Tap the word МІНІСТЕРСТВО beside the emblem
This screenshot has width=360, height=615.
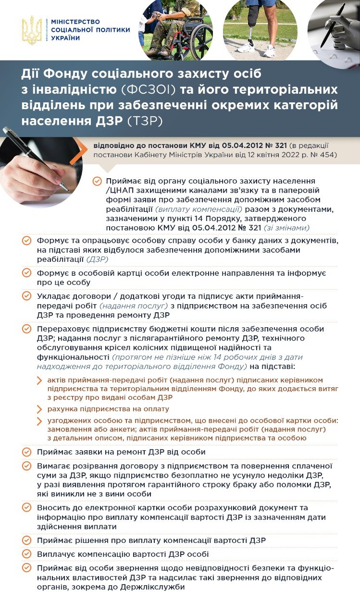click(75, 22)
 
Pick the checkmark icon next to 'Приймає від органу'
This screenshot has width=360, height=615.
click(97, 181)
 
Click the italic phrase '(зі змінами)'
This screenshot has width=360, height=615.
click(286, 228)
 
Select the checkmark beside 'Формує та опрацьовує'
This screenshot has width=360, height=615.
click(27, 241)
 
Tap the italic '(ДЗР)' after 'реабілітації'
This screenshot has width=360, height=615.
click(98, 259)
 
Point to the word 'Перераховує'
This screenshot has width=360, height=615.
click(60, 329)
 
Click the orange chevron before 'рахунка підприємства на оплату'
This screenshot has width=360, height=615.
click(39, 409)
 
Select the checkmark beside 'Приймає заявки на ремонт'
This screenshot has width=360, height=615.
click(27, 452)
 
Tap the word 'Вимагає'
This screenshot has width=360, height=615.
click(52, 466)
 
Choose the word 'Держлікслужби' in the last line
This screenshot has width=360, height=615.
click(157, 587)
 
